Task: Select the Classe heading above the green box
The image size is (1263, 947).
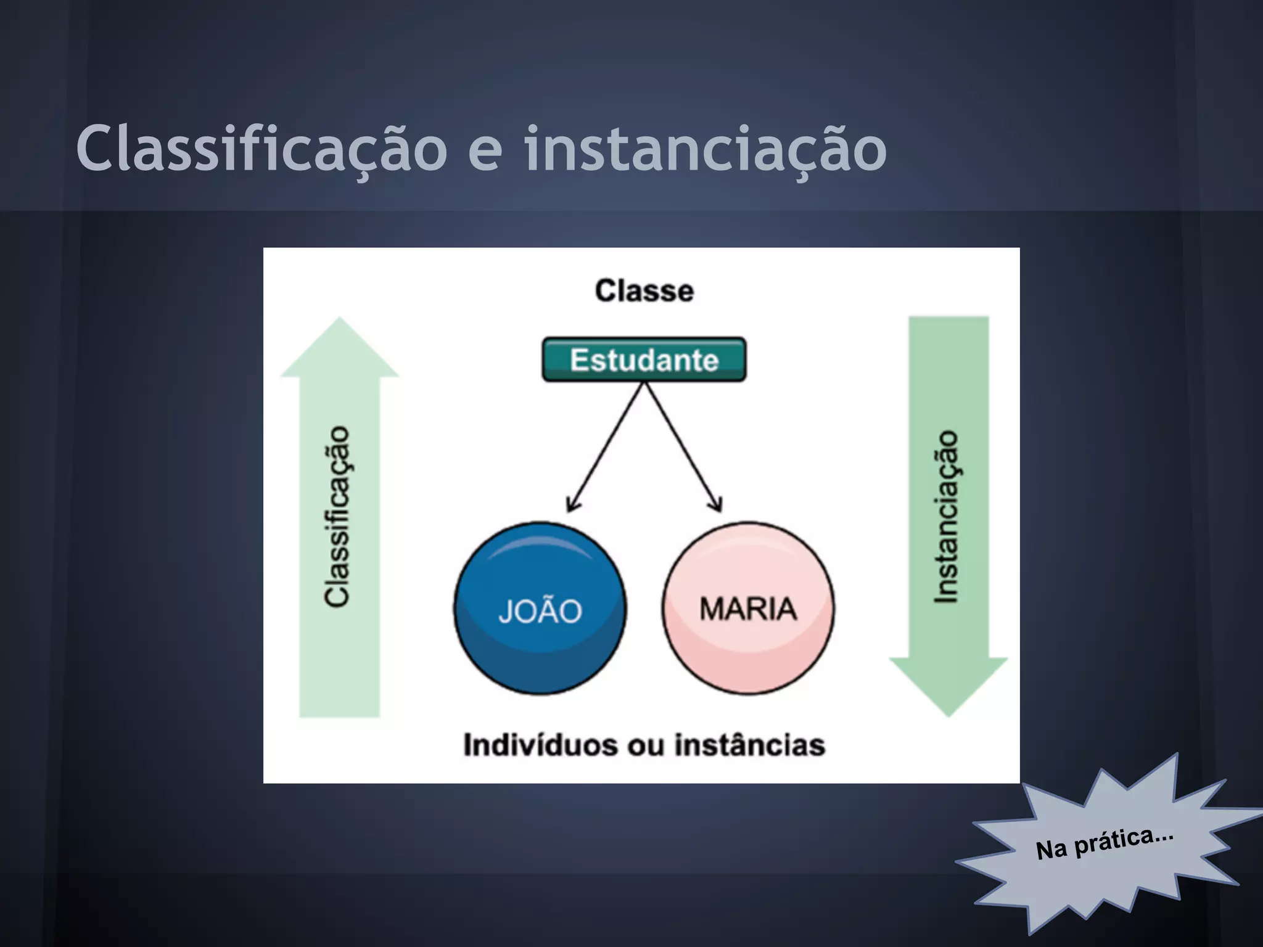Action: pyautogui.click(x=644, y=290)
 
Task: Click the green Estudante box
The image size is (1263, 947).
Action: pyautogui.click(x=644, y=359)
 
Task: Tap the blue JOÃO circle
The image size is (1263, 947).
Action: pyautogui.click(x=540, y=609)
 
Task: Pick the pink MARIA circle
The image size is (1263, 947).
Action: pyautogui.click(x=747, y=609)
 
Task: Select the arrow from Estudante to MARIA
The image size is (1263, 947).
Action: pyautogui.click(x=681, y=445)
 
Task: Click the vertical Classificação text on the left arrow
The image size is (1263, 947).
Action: pyautogui.click(x=337, y=516)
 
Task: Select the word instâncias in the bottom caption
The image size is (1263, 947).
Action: pyautogui.click(x=749, y=745)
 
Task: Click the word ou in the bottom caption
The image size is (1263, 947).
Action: pyautogui.click(x=646, y=746)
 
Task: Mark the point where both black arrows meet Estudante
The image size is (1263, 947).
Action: pyautogui.click(x=644, y=383)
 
